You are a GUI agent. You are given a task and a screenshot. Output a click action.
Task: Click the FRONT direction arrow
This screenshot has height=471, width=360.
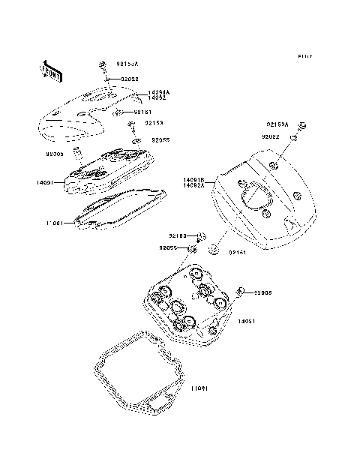coord(49,69)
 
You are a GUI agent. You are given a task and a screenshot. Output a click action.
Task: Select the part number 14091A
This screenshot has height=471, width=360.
coord(159,91)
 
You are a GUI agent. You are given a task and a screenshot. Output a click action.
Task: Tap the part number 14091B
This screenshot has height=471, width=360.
coord(193,180)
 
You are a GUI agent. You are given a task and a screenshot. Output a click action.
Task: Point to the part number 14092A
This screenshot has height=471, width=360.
coord(193,187)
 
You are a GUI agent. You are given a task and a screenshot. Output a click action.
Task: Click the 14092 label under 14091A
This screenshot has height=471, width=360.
coord(157,97)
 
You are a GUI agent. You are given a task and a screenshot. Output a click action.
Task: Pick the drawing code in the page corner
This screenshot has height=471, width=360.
coord(304,55)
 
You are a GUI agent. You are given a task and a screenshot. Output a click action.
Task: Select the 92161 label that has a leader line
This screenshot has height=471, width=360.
coord(142,112)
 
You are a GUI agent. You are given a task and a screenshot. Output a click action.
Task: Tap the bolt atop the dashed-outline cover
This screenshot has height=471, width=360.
coord(102,67)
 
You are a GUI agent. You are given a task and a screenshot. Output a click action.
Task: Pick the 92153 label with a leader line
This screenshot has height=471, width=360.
coord(153,122)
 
